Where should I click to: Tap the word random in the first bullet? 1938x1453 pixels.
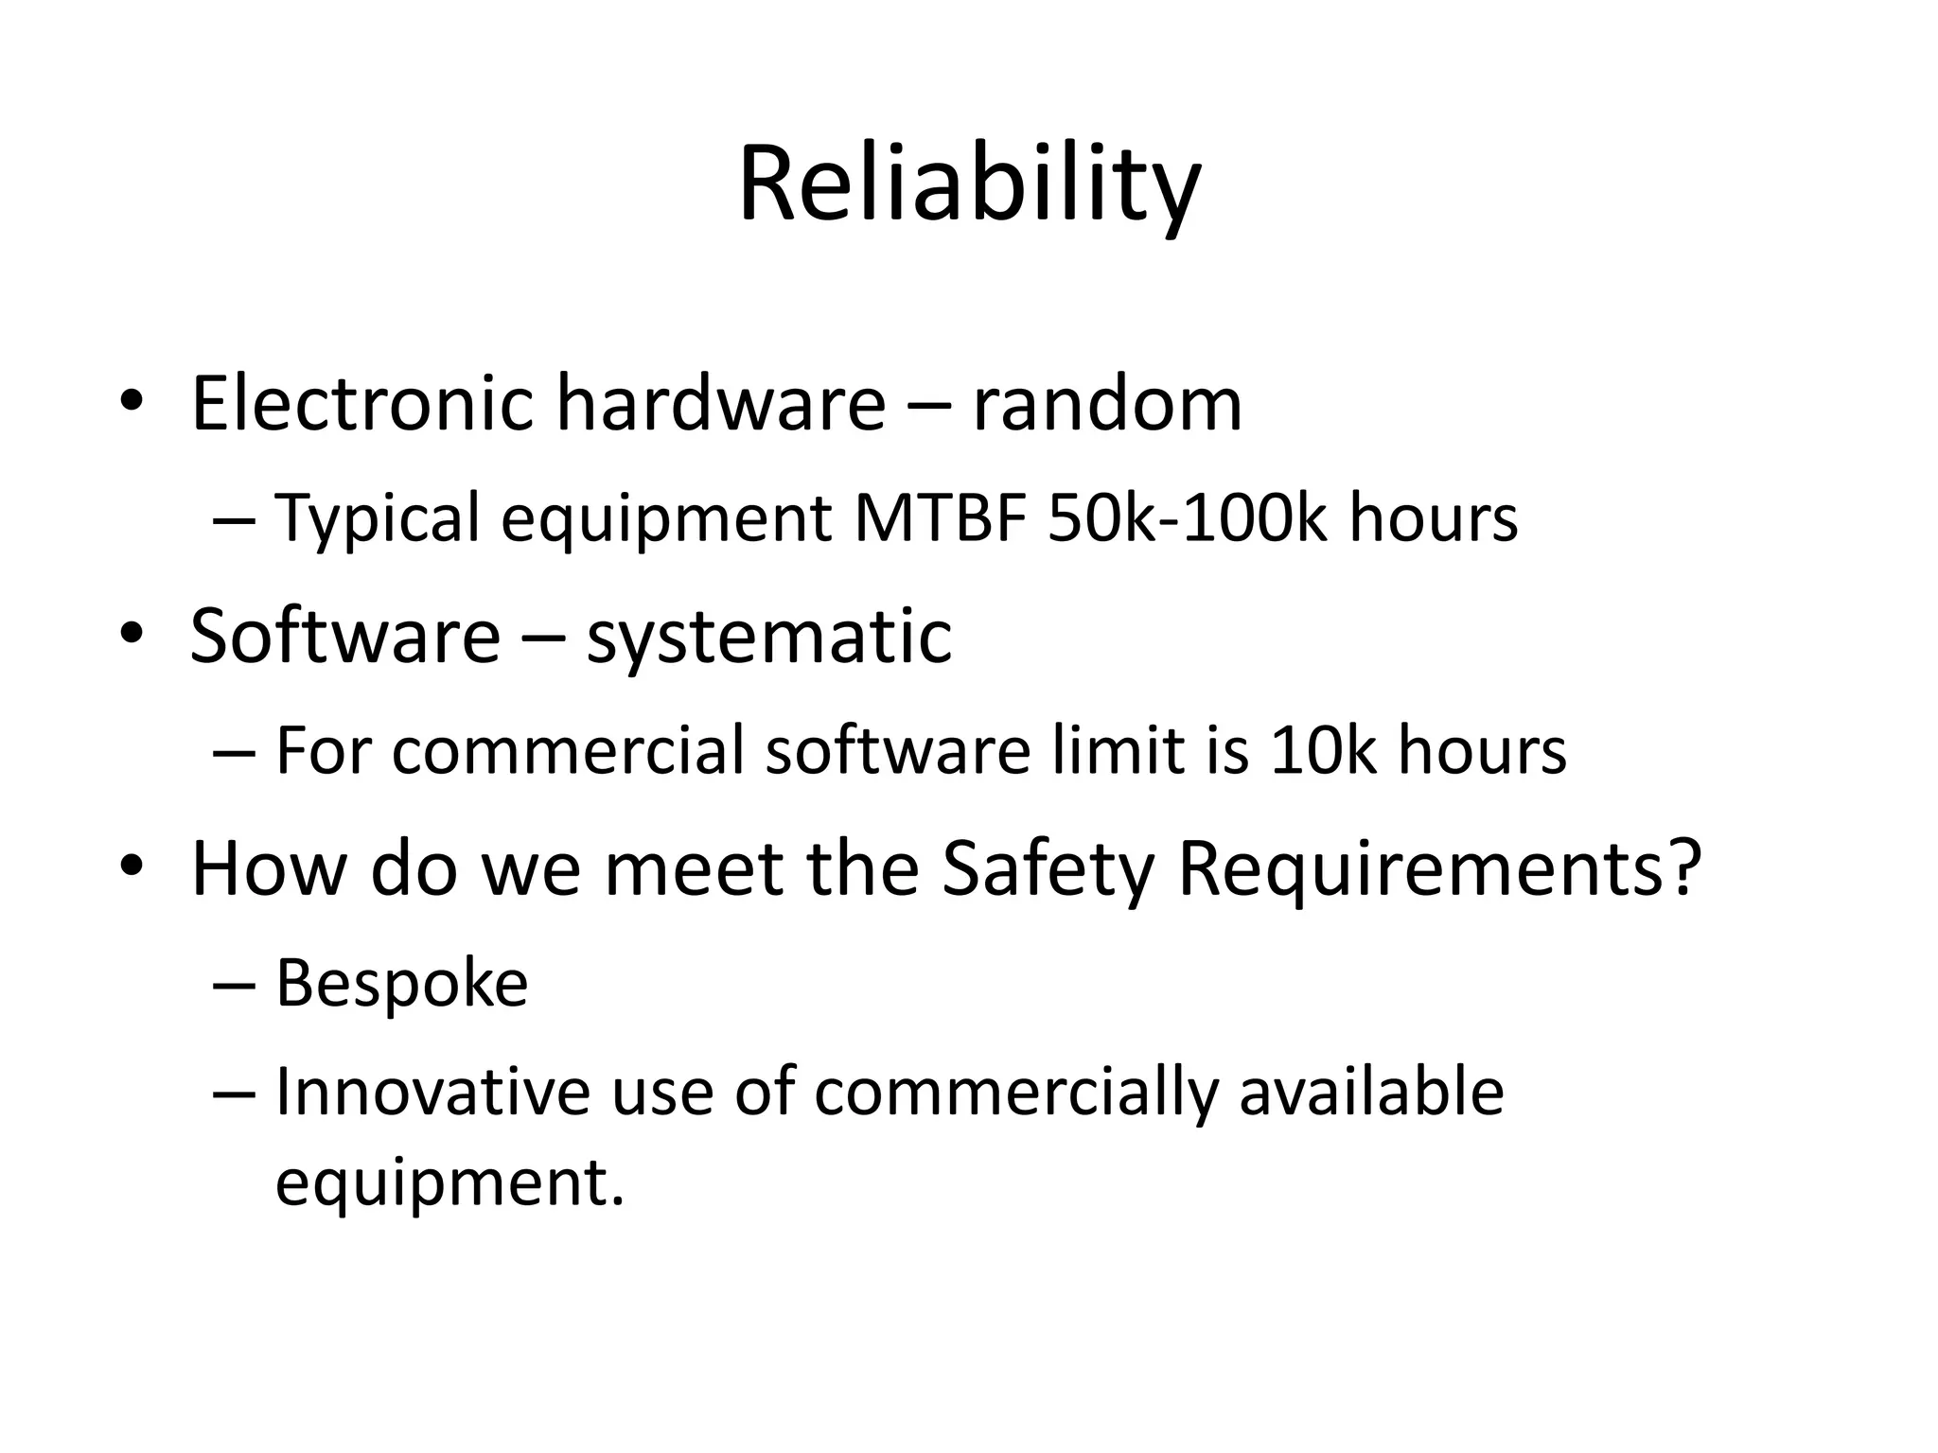tap(1107, 404)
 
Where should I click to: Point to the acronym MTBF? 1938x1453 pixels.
tap(940, 518)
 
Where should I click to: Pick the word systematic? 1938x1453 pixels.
tap(768, 636)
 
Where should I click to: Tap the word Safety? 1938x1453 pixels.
tap(1048, 867)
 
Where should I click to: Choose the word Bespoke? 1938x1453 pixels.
tap(401, 984)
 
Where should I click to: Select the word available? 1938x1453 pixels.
tap(1371, 1092)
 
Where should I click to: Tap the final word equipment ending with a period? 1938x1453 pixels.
tap(449, 1182)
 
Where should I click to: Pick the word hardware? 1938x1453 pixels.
tap(720, 404)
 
